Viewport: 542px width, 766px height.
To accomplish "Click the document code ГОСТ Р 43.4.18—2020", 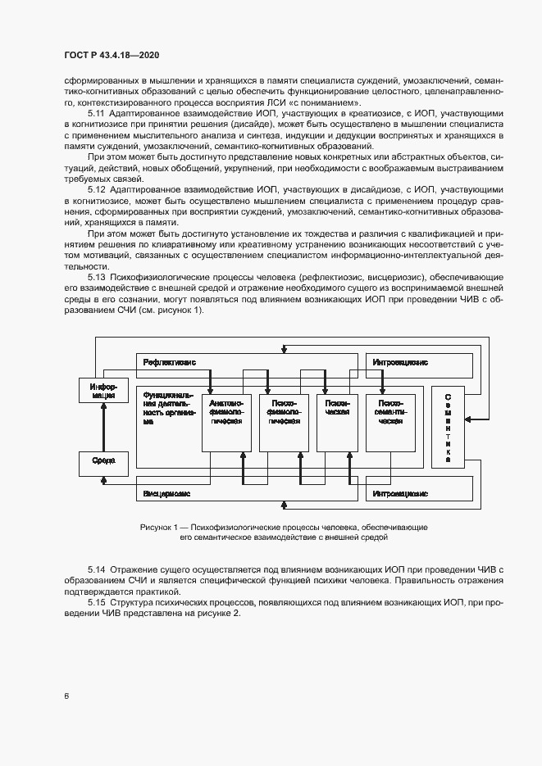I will point(112,53).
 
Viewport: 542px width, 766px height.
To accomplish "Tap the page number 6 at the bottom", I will point(66,696).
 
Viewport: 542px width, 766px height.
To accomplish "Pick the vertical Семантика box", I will point(449,426).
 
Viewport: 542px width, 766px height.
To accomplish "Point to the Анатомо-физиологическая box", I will point(226,422).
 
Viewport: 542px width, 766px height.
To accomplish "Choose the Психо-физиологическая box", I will point(284,422).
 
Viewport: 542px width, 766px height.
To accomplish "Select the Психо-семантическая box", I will point(390,422).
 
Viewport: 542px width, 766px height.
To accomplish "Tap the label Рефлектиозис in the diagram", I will point(170,362).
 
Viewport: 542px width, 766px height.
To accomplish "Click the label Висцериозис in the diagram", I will point(168,495).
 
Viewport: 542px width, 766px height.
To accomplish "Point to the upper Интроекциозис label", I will point(400,362).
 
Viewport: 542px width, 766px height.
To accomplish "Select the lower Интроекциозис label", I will point(400,495).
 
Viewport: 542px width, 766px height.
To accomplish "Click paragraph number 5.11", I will point(97,112).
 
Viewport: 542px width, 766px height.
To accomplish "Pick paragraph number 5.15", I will point(97,603).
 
